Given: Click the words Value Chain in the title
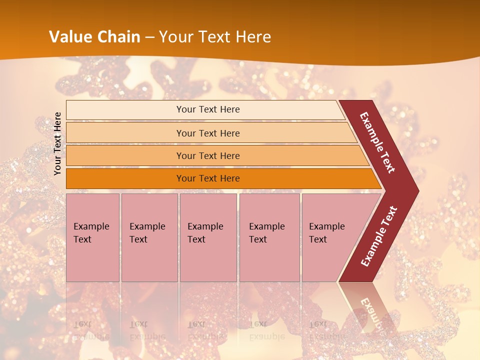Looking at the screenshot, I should (x=95, y=37).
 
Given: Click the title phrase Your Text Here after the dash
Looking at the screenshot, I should (x=215, y=37).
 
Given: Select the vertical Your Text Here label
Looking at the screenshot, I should (x=57, y=143).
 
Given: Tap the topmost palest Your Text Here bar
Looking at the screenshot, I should (x=207, y=109).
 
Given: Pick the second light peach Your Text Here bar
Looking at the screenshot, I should (x=207, y=133).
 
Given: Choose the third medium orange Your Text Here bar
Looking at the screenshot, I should (x=207, y=155).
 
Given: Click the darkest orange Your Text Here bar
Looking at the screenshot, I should (x=207, y=178).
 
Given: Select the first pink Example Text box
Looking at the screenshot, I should (x=92, y=237).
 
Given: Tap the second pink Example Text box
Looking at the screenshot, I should (x=149, y=237).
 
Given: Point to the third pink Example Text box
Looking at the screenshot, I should (x=207, y=237).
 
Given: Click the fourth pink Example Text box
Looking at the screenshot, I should (x=269, y=237).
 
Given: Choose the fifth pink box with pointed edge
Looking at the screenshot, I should (x=330, y=237).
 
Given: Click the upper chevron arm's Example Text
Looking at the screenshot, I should (x=377, y=142).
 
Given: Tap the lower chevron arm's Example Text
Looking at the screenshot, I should (x=379, y=236).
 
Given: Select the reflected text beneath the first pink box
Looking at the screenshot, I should (x=91, y=330).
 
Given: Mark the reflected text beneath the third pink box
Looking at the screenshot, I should (x=205, y=330).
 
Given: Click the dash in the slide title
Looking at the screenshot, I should (x=149, y=37).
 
